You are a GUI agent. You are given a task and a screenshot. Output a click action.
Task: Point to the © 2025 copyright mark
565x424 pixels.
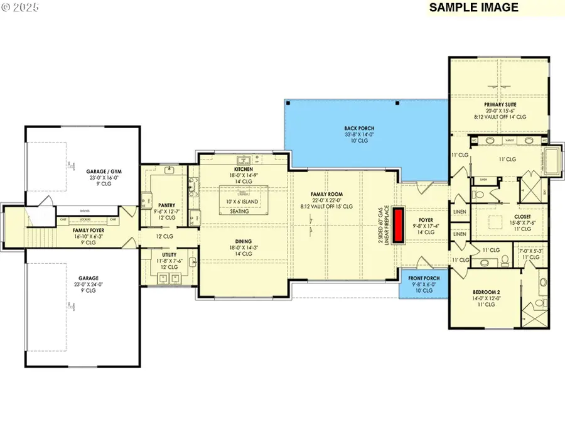[x=21, y=8]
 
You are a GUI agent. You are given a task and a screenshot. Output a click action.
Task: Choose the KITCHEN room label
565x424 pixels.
[x=243, y=170]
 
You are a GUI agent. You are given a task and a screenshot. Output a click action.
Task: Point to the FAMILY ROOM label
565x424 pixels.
[x=328, y=194]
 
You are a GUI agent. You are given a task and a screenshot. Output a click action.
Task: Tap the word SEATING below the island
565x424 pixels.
[x=239, y=212]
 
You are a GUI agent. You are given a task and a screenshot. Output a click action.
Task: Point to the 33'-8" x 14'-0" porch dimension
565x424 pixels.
[x=360, y=134]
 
